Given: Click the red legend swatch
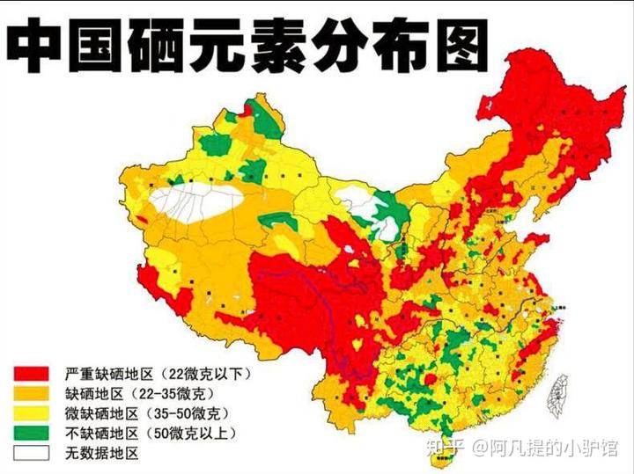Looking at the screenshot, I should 32,373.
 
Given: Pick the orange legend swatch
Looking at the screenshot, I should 32,393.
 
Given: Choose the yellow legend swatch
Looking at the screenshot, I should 32,413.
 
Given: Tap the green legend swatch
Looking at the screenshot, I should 32,434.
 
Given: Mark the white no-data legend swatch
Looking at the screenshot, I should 32,454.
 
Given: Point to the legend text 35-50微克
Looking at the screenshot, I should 186,413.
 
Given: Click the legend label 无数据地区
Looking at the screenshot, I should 102,454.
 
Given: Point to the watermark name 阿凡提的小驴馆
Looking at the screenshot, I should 555,448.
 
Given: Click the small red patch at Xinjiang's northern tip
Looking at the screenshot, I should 249,110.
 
